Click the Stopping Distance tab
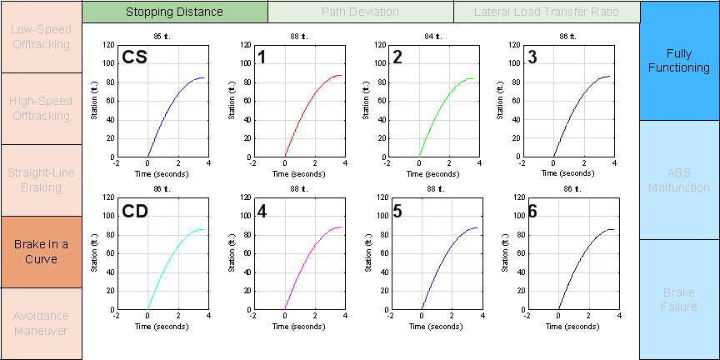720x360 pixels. pyautogui.click(x=175, y=12)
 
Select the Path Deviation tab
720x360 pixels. pyautogui.click(x=360, y=12)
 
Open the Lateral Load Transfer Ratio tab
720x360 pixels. pyautogui.click(x=546, y=12)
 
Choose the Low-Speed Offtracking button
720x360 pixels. pyautogui.click(x=41, y=37)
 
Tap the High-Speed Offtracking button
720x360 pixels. pyautogui.click(x=41, y=108)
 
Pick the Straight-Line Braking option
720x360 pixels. pyautogui.click(x=41, y=180)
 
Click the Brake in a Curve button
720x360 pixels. pyautogui.click(x=41, y=252)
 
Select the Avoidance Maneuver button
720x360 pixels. pyautogui.click(x=41, y=323)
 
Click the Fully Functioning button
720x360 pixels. pyautogui.click(x=679, y=60)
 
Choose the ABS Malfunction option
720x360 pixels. pyautogui.click(x=679, y=180)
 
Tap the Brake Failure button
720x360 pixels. pyautogui.click(x=679, y=300)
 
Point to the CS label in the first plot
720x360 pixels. pyautogui.click(x=136, y=57)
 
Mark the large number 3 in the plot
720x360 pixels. pyautogui.click(x=533, y=57)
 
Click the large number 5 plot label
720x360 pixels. pyautogui.click(x=397, y=211)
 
